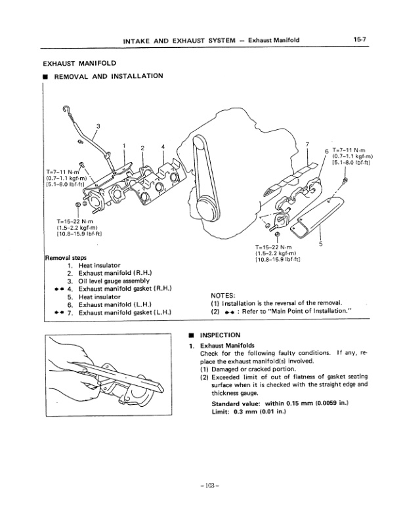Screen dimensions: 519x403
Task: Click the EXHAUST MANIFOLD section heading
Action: (x=79, y=63)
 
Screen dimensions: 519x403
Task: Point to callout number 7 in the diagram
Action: (x=308, y=143)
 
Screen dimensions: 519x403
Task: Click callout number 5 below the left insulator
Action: (x=320, y=244)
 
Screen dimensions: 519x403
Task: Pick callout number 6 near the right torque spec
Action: (x=326, y=151)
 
